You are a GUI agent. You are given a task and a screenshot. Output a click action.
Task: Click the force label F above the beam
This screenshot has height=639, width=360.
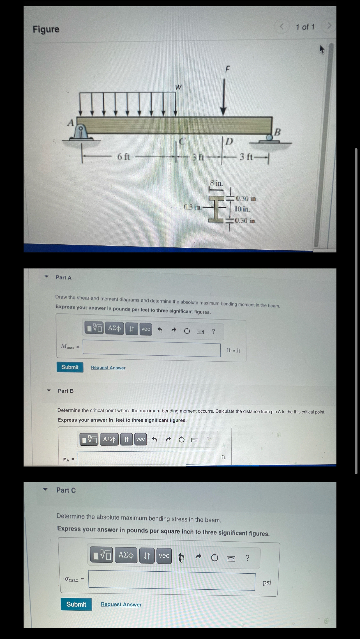coord(227,69)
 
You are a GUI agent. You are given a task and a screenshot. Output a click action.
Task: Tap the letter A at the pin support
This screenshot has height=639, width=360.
coord(70,123)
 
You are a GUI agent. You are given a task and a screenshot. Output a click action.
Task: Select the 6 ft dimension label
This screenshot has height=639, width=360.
coord(123,157)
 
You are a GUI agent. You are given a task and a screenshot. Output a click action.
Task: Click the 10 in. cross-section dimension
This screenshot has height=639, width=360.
coord(242,209)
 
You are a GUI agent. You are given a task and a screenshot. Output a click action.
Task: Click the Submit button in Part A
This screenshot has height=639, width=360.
coord(70,367)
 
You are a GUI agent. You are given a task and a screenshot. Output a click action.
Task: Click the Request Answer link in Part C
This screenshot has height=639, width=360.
coord(121,604)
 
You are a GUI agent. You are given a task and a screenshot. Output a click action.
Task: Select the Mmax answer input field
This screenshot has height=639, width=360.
coord(151,348)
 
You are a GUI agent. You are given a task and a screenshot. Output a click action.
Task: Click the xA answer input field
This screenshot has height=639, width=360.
coord(146,458)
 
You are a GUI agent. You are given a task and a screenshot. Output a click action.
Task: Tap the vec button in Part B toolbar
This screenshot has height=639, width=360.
coord(140,439)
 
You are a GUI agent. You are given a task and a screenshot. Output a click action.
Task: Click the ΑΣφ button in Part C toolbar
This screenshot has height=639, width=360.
coord(126,555)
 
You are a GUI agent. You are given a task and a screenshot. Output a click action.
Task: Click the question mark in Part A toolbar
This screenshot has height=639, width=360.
coord(213,332)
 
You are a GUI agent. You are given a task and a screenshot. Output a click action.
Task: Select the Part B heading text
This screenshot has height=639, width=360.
coord(66,391)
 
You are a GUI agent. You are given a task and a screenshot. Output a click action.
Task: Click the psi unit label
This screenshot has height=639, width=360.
coord(267,582)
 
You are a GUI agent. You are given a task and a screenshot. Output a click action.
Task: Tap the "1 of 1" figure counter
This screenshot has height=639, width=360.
coord(305,27)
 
